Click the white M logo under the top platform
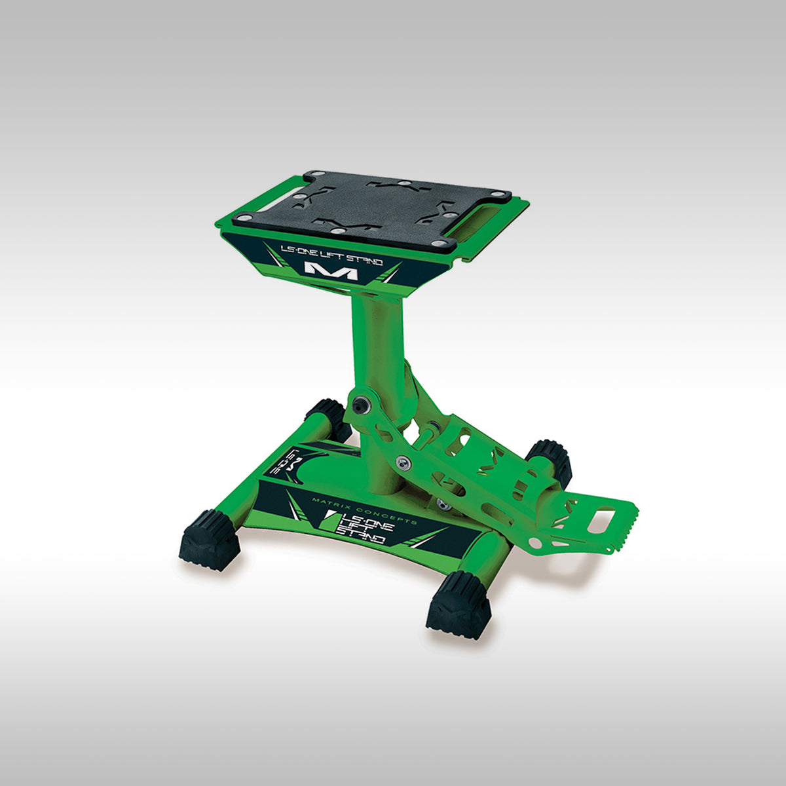331,270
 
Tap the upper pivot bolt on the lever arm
358,405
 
